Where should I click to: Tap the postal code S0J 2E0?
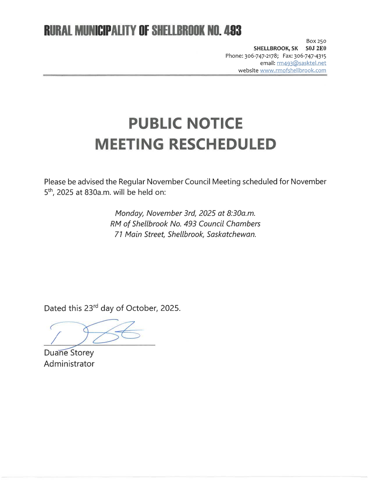pyautogui.click(x=316, y=48)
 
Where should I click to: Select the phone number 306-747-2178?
pyautogui.click(x=262, y=56)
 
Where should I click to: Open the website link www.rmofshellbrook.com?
pyautogui.click(x=293, y=70)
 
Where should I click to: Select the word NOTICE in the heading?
pyautogui.click(x=214, y=123)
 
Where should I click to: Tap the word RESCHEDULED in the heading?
pyautogui.click(x=222, y=144)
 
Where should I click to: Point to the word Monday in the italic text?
pyautogui.click(x=129, y=213)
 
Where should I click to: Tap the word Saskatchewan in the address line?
pyautogui.click(x=231, y=234)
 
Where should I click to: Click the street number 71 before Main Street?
pyautogui.click(x=118, y=234)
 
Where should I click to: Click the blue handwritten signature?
pyautogui.click(x=96, y=333)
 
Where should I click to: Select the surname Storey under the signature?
pyautogui.click(x=82, y=353)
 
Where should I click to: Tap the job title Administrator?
pyautogui.click(x=69, y=364)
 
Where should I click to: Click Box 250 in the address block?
pyautogui.click(x=316, y=41)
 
